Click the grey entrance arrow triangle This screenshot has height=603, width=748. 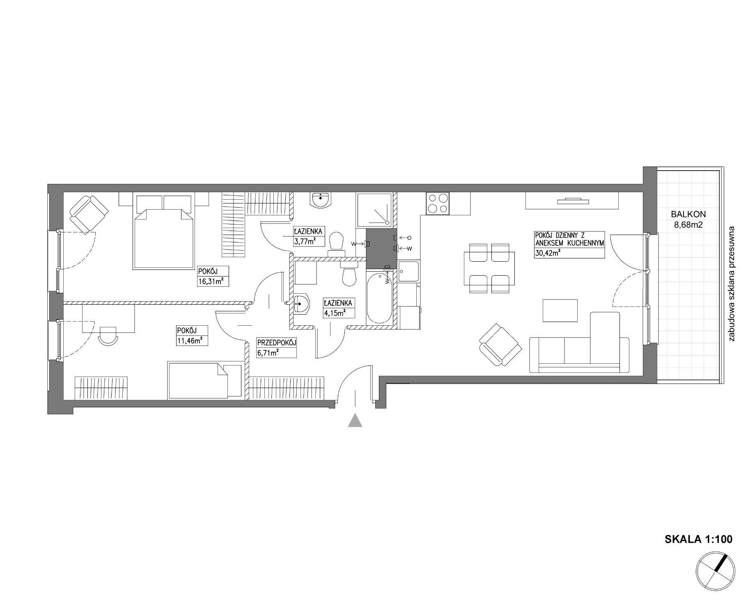(355, 421)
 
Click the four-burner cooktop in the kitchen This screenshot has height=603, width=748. (437, 203)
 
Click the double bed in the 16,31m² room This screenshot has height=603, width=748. (163, 232)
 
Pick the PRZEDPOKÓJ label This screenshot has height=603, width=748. (276, 343)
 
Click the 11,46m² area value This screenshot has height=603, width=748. (190, 340)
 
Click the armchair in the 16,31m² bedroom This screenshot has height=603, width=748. (89, 214)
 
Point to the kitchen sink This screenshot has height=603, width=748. (408, 271)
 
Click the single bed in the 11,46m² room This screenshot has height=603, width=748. (204, 380)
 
